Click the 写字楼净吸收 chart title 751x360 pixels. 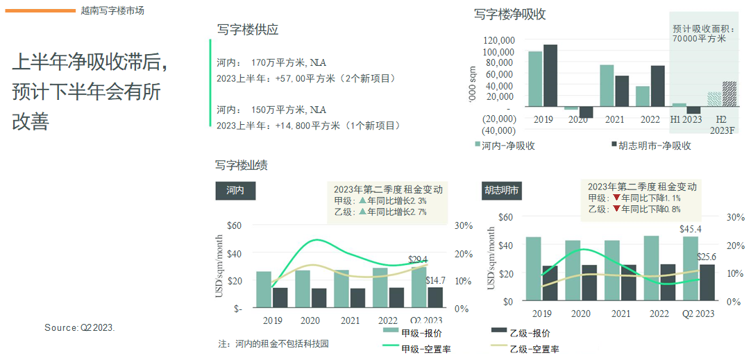tap(509, 15)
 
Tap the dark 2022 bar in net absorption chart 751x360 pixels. tap(657, 86)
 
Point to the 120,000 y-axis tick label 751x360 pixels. tap(497, 40)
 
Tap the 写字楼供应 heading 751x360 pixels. tap(247, 30)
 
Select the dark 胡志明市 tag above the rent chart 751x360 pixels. tap(502, 191)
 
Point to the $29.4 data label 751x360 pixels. tap(418, 259)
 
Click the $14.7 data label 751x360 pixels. tap(435, 280)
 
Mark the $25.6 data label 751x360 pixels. tap(706, 257)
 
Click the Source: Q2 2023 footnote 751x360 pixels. tap(80, 327)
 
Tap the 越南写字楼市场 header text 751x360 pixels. tap(112, 10)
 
